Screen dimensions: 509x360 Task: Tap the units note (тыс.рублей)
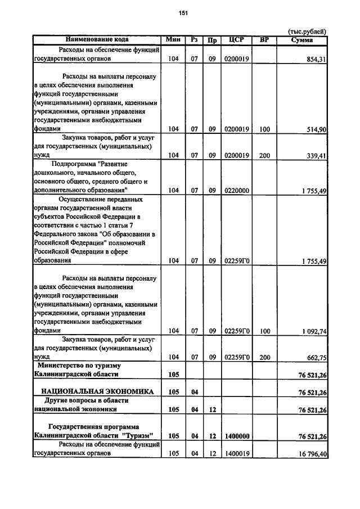coord(307,31)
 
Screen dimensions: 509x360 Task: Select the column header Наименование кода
coord(97,39)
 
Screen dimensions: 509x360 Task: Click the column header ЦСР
coord(236,39)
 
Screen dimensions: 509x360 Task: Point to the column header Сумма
coord(302,39)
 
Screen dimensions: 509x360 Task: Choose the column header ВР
coord(264,39)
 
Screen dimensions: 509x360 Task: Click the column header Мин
coord(173,39)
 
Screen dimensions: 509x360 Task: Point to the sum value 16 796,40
coord(312,453)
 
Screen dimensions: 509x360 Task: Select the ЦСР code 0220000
coord(236,191)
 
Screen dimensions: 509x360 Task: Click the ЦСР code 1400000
coord(236,435)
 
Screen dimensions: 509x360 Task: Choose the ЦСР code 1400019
coord(236,453)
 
